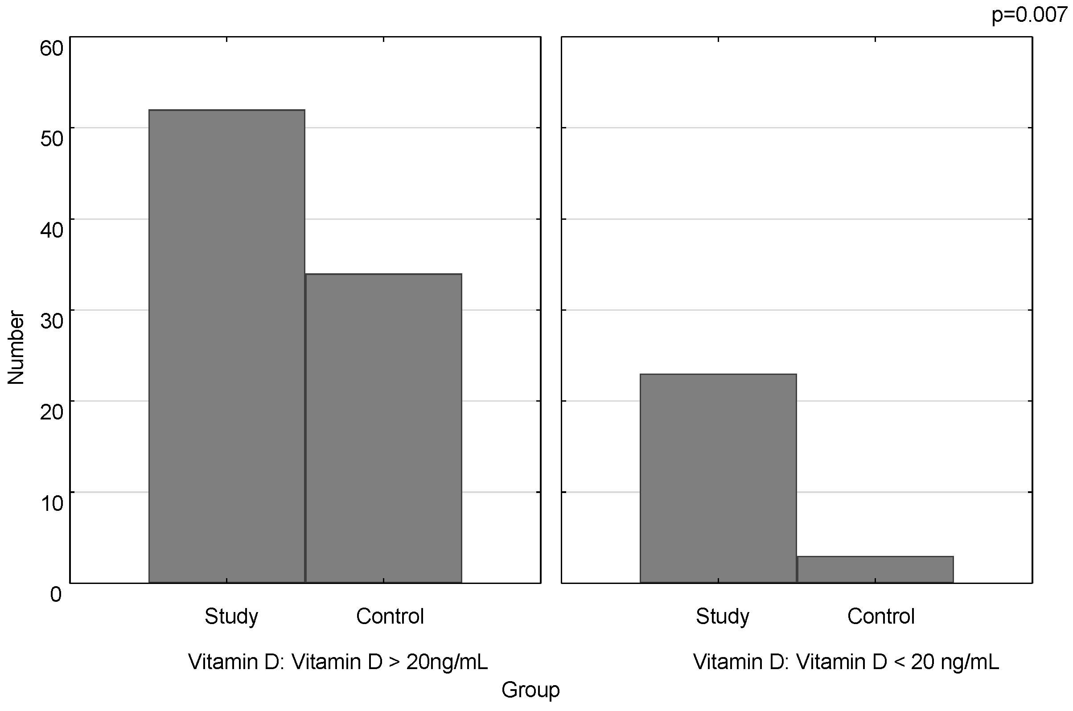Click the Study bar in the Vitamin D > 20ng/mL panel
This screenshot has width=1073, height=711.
[x=226, y=346]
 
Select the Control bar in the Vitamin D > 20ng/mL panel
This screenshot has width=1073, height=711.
[x=383, y=428]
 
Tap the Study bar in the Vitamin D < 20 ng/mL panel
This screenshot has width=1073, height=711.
[x=718, y=478]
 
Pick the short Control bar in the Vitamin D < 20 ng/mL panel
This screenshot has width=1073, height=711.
[x=875, y=570]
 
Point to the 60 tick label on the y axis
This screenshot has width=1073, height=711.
[x=52, y=48]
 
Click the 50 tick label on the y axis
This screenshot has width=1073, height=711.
[x=52, y=138]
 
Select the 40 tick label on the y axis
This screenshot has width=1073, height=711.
[x=52, y=230]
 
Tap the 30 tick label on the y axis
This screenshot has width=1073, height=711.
[x=52, y=321]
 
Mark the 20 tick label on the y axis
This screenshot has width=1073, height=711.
[x=52, y=412]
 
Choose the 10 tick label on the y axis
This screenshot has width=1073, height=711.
[x=52, y=503]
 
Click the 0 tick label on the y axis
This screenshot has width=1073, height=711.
[x=56, y=594]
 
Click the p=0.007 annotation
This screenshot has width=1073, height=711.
[x=1029, y=15]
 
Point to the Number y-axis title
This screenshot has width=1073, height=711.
[x=16, y=348]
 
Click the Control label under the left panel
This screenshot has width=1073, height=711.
[x=390, y=616]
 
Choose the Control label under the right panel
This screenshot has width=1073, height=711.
[x=881, y=616]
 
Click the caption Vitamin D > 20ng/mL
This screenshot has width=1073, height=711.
[x=338, y=662]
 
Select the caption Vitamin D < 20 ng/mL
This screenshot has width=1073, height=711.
[x=846, y=662]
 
